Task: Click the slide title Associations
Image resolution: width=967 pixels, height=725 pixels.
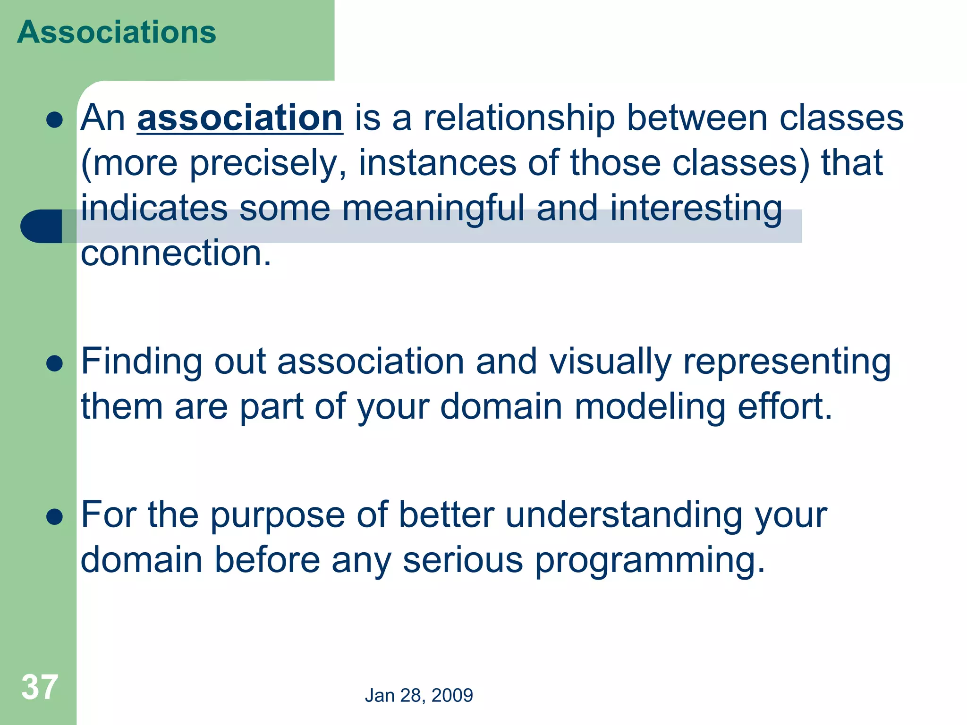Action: coord(117,32)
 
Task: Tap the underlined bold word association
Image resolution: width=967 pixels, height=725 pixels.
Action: coord(240,118)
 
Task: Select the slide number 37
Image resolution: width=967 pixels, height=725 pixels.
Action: coord(40,687)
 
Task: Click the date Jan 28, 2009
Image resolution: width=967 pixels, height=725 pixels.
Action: coord(419,695)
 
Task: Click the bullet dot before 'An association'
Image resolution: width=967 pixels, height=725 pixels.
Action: coord(55,120)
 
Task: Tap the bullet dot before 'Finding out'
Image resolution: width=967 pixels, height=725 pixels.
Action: coord(55,364)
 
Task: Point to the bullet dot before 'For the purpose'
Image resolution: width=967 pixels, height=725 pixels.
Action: coord(55,517)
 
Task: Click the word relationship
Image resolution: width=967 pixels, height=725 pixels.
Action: coord(519,118)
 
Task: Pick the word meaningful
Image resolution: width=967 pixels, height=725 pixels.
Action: coord(433,208)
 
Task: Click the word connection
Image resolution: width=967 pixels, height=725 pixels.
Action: coord(176,253)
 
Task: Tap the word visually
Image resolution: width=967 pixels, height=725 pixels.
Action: coord(610,362)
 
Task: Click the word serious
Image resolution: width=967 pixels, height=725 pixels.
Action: coord(462,560)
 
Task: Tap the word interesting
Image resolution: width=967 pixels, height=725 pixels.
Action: coord(696,208)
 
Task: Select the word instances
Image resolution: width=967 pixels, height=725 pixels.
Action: coord(437,163)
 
